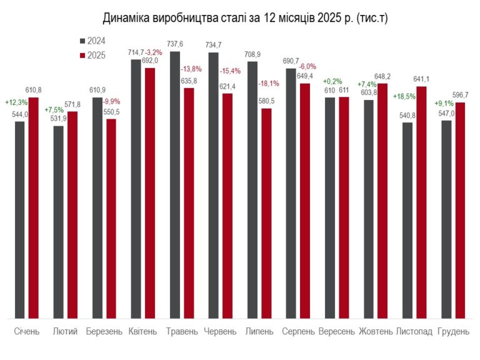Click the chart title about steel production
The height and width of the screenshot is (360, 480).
point(245,18)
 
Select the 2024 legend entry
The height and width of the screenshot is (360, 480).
point(92,41)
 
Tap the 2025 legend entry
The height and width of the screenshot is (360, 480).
point(92,56)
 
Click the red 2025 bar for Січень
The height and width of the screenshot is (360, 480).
point(33,208)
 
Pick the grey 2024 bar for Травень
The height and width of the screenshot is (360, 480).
point(175,185)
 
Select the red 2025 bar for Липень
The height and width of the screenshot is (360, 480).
point(266,214)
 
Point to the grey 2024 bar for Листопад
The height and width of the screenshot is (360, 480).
point(407,221)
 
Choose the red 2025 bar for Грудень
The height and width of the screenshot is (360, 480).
point(460,211)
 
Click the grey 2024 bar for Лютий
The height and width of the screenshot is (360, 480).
point(59,222)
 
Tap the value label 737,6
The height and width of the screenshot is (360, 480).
point(175,44)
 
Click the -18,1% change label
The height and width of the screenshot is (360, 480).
point(269,83)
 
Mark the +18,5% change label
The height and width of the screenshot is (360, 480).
point(404,97)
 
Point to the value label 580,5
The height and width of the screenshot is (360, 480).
point(266,101)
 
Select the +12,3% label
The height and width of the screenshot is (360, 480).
point(16,102)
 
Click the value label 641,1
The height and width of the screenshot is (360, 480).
point(421,79)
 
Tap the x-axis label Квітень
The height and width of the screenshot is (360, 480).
point(142,331)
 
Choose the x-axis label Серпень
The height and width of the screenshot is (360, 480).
point(298,331)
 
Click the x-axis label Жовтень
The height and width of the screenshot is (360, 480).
point(376,331)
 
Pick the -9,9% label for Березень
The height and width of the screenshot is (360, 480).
point(111,102)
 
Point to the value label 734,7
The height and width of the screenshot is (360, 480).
point(213,45)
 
